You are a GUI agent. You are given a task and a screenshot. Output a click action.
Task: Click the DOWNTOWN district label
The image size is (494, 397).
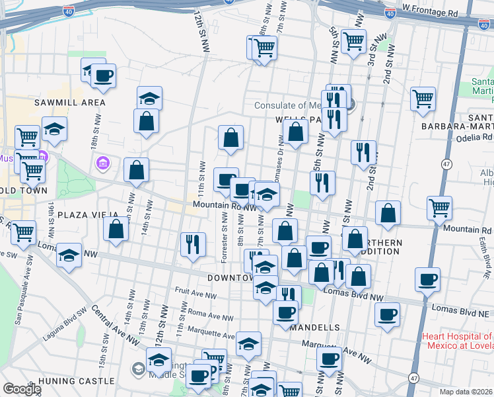230,278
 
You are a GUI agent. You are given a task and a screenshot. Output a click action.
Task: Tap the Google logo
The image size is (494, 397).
21,389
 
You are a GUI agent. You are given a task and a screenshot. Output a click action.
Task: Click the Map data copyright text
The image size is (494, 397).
466,391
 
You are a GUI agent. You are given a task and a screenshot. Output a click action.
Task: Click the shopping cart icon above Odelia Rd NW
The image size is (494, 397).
422,99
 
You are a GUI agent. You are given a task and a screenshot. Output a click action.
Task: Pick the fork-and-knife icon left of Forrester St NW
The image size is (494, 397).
192,244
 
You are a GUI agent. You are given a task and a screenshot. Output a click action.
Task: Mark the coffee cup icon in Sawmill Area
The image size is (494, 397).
103,75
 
